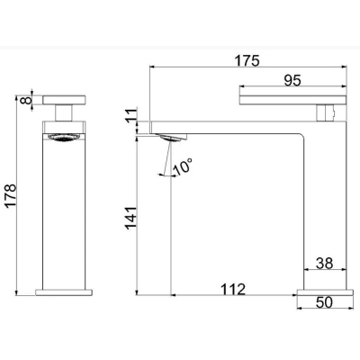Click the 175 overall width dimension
[247, 60]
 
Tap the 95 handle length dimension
[292, 80]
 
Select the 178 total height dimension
[11, 195]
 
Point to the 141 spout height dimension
[130, 218]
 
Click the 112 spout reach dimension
[233, 289]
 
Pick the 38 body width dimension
[325, 263]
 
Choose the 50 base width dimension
[324, 302]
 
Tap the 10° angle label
[183, 166]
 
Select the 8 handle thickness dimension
[26, 100]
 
